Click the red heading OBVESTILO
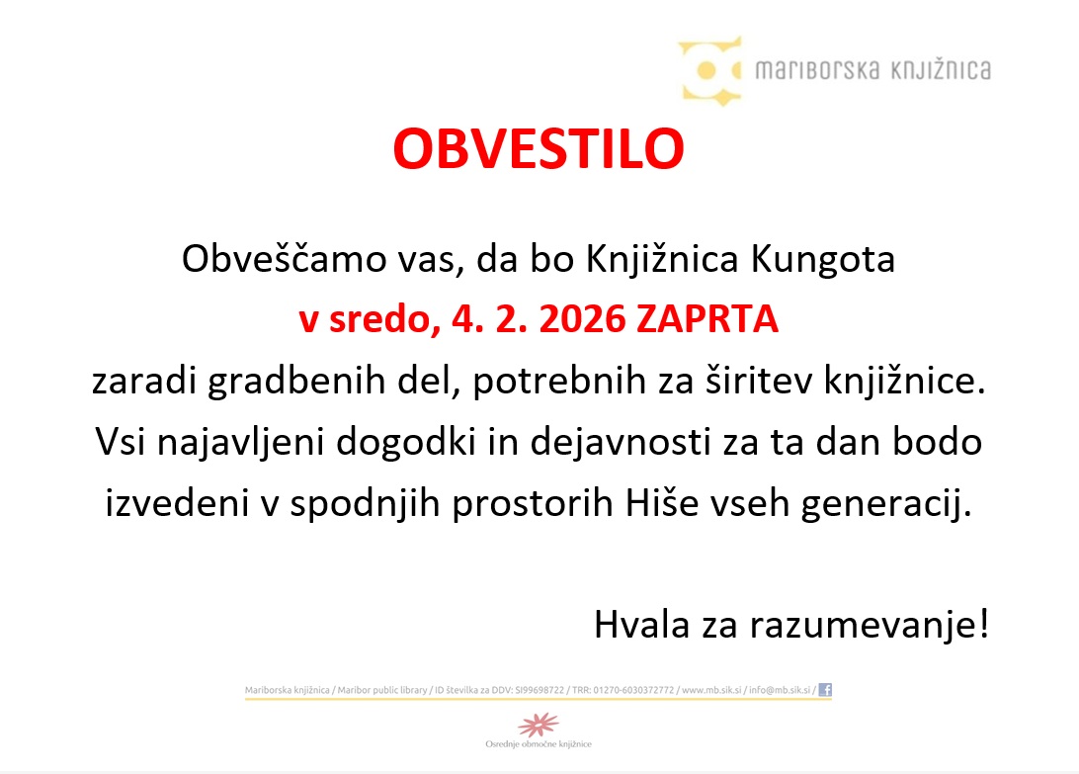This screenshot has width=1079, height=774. point(539,149)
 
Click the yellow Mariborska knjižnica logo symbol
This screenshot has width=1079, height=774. point(709,70)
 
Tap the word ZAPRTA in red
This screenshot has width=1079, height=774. point(708,320)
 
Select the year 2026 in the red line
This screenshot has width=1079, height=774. point(574,320)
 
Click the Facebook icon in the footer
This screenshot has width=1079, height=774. point(825,690)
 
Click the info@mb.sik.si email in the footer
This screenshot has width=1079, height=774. point(779,690)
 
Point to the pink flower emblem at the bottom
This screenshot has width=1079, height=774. point(539,725)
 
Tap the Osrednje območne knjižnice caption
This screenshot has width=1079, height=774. point(539,744)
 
